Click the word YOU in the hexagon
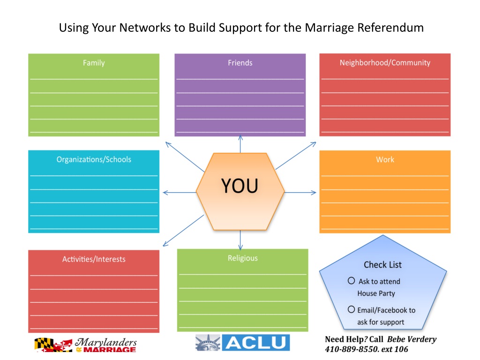(x=240, y=186)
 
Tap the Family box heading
(x=94, y=63)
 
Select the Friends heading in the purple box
(x=240, y=63)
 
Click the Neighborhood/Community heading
(x=385, y=63)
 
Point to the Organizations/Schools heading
(x=94, y=159)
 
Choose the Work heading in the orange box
(x=385, y=160)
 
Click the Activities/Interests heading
(x=94, y=259)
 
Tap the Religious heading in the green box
(x=243, y=258)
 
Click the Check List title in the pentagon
(x=382, y=265)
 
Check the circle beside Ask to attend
(x=351, y=281)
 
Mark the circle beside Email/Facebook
(x=351, y=309)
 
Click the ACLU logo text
(x=255, y=343)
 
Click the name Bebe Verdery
(x=412, y=339)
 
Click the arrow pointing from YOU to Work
(x=300, y=192)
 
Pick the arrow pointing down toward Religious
(x=240, y=240)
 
